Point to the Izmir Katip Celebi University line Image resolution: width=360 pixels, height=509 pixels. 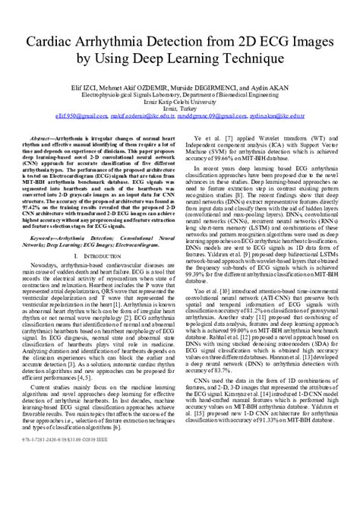pyautogui.click(x=179, y=100)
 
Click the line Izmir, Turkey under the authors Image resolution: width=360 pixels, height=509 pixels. pyautogui.click(x=179, y=108)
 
